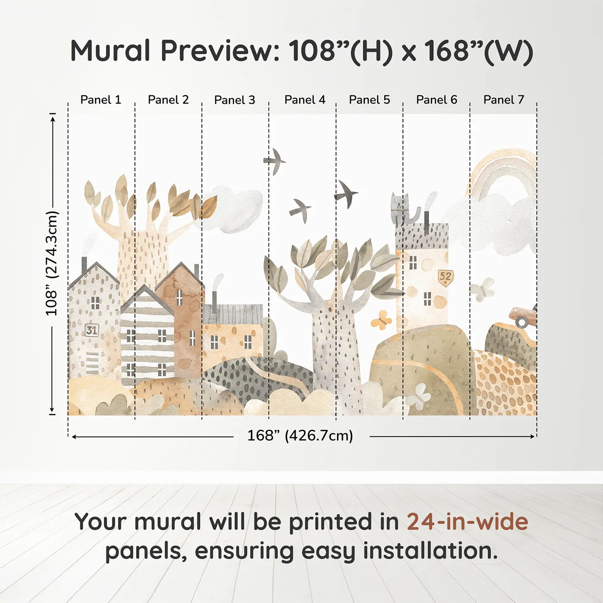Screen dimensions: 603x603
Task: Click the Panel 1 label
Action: (x=100, y=100)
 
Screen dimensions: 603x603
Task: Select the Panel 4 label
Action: (x=305, y=100)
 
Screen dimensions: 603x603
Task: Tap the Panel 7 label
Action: (x=504, y=100)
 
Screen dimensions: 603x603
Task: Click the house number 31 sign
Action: (x=92, y=330)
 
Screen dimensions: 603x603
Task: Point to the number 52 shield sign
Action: (x=445, y=277)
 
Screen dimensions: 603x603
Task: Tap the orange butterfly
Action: (x=381, y=320)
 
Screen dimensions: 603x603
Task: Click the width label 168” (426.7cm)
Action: (x=300, y=435)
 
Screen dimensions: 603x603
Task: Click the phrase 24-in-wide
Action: (x=467, y=522)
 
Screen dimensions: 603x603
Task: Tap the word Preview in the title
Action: (x=220, y=50)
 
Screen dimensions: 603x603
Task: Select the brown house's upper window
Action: (x=180, y=298)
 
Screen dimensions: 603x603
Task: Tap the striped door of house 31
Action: (x=92, y=363)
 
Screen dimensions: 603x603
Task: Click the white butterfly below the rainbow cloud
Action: (x=482, y=290)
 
